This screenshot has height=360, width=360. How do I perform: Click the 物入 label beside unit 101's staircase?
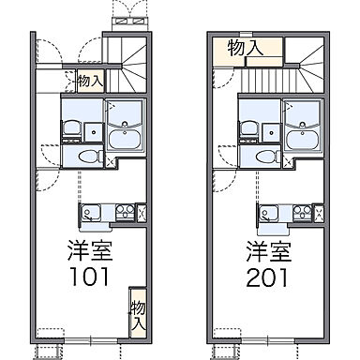[x=89, y=82]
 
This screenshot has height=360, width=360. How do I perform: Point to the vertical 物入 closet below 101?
[x=138, y=313]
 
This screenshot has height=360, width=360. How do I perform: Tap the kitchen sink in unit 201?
[x=271, y=213]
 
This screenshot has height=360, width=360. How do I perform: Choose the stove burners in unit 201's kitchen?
[x=304, y=213]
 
